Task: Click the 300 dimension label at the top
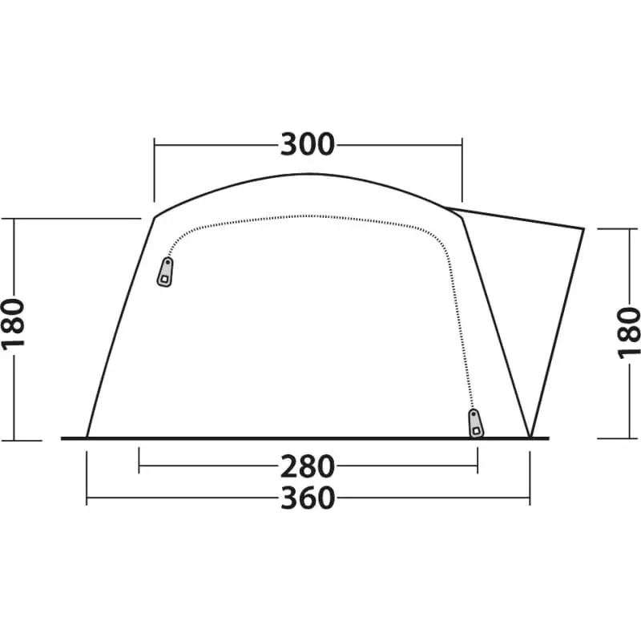(x=308, y=145)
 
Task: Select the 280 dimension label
(x=308, y=466)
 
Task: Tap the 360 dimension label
(x=308, y=498)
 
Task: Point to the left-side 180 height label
(x=14, y=324)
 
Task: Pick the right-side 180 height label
(x=628, y=333)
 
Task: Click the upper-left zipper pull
(x=165, y=272)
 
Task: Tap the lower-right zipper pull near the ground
(x=475, y=423)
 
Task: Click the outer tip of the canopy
(x=583, y=228)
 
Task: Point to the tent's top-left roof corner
(x=155, y=217)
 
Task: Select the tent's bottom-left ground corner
(x=87, y=437)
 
